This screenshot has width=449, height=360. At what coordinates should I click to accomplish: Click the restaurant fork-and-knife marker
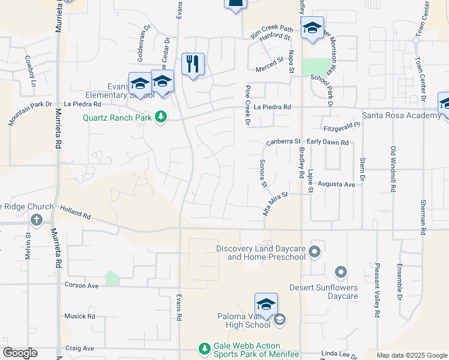tap(193, 64)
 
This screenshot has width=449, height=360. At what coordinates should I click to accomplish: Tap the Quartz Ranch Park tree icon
tap(160, 116)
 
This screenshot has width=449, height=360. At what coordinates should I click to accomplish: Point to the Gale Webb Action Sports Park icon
tap(205, 348)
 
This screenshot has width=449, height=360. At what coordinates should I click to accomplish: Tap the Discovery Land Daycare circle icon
tap(315, 251)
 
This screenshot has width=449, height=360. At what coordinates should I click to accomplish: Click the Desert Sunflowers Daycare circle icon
tap(341, 274)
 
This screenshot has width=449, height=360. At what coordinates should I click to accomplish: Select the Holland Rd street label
tap(75, 211)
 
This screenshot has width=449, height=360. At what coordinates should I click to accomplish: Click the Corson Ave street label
tap(81, 286)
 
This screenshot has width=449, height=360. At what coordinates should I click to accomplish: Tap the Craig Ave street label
tap(80, 348)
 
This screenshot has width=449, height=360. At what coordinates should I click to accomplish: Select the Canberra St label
tap(283, 142)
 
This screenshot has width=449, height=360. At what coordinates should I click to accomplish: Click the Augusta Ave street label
tap(336, 184)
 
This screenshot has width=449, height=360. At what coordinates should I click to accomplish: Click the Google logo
tap(20, 353)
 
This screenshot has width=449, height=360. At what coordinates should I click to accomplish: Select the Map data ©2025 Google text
tap(412, 355)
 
